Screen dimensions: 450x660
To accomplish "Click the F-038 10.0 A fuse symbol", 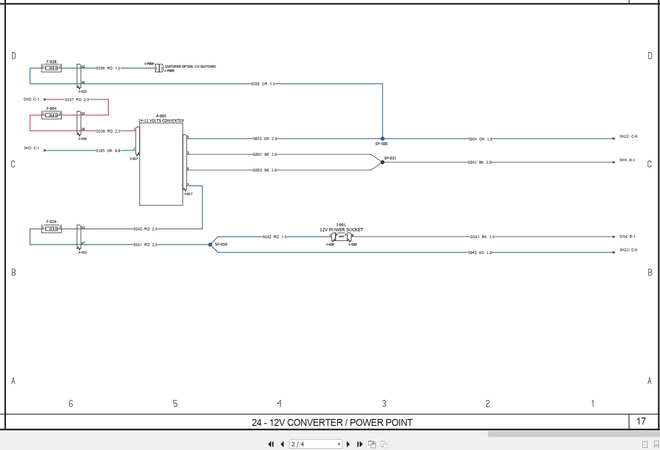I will [x=51, y=68].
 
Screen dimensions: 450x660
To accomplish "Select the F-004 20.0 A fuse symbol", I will [x=51, y=115].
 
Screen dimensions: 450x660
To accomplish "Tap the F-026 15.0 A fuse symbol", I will [x=51, y=228].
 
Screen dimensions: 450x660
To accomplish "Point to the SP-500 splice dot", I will [x=382, y=139].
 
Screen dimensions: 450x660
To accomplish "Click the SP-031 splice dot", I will [x=382, y=162].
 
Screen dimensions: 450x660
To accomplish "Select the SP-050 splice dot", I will [x=210, y=245].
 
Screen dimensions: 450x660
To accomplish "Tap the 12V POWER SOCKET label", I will [x=341, y=230].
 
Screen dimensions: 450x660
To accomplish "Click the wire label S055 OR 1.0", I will [x=263, y=84].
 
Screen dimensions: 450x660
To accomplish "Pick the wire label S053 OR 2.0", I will [x=265, y=139].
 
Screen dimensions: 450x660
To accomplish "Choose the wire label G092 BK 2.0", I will [x=265, y=154].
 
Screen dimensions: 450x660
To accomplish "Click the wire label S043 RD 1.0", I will [x=479, y=253].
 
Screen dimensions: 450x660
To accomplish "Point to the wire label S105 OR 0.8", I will [x=108, y=151].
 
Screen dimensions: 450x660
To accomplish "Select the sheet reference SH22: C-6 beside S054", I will [x=628, y=137].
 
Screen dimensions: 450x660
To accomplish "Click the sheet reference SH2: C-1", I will [x=31, y=100].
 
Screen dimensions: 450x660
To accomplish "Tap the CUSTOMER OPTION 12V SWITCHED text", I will [x=190, y=67].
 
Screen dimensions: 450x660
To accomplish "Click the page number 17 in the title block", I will [x=641, y=421].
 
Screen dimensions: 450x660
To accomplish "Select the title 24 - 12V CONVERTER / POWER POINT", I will [x=332, y=422].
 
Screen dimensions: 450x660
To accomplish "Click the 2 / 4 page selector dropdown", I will [x=316, y=444].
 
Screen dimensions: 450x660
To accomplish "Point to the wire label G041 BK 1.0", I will [x=482, y=237].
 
